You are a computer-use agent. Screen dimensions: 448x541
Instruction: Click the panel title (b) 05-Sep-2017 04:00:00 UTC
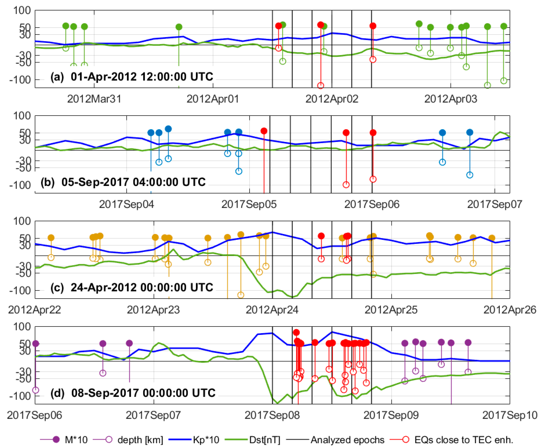[x=123, y=182]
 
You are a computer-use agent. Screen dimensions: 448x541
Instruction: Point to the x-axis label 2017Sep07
[x=494, y=204]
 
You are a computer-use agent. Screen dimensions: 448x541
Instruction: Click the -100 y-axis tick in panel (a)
[x=20, y=80]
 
